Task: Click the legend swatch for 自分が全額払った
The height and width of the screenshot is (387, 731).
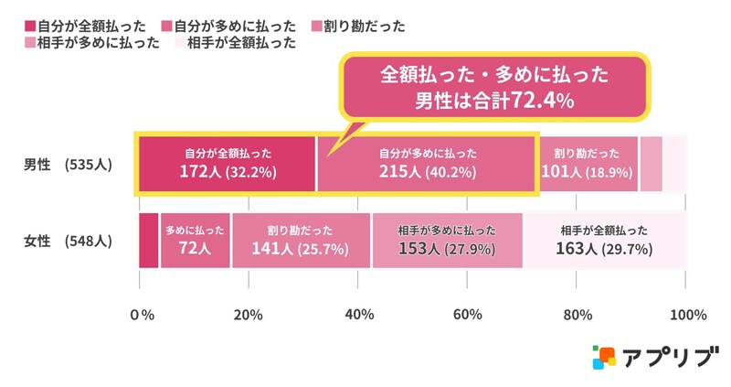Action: [30, 26]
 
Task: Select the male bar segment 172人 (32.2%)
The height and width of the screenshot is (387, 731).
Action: [227, 164]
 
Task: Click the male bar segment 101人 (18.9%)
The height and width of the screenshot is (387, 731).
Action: [588, 164]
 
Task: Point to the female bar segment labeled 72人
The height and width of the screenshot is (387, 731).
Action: [195, 241]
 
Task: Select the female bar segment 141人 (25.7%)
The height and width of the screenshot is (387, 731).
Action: [301, 241]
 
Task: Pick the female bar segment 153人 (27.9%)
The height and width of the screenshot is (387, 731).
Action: [447, 241]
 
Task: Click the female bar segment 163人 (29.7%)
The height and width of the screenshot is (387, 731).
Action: [604, 241]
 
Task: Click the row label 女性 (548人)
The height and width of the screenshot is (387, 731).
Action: [68, 242]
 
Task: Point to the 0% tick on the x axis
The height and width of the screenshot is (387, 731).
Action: [142, 316]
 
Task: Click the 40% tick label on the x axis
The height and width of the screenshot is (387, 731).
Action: [359, 316]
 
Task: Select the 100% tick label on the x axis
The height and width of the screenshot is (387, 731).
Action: [688, 316]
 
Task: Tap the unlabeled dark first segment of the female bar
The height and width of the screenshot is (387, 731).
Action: [149, 241]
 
